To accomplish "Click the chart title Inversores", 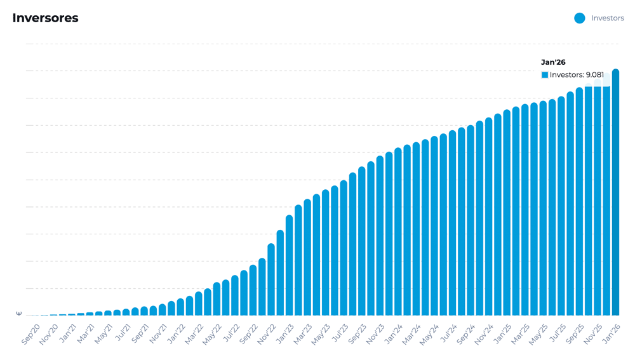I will pyautogui.click(x=45, y=18).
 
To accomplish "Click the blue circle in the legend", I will pyautogui.click(x=579, y=18).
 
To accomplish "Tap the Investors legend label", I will pyautogui.click(x=607, y=18).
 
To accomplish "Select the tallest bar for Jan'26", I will pyautogui.click(x=615, y=190).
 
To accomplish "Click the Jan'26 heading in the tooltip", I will pyautogui.click(x=553, y=62).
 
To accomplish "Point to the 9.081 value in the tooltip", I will pyautogui.click(x=595, y=75).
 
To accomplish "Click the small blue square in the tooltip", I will pyautogui.click(x=545, y=75).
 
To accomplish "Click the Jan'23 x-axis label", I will pyautogui.click(x=285, y=334).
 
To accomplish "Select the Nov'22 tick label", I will pyautogui.click(x=267, y=334).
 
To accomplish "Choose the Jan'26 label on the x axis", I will pyautogui.click(x=612, y=334).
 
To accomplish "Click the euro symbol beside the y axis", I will pyautogui.click(x=18, y=313).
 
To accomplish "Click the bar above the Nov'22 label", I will pyautogui.click(x=271, y=279).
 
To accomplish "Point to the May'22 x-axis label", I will pyautogui.click(x=213, y=334).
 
